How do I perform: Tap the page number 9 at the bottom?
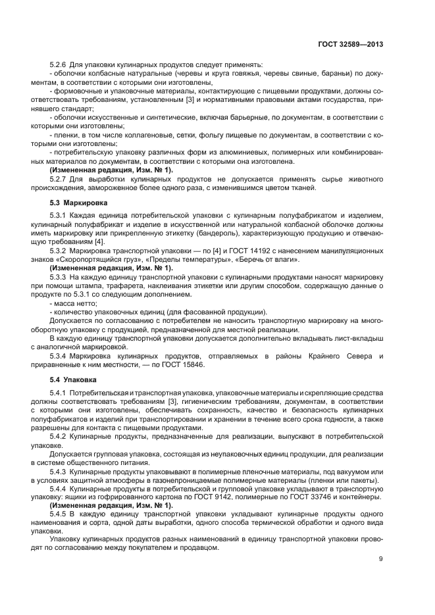381,560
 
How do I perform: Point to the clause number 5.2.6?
61,64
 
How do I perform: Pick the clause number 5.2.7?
61,179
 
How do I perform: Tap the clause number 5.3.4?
61,357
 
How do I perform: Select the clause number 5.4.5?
61,513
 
